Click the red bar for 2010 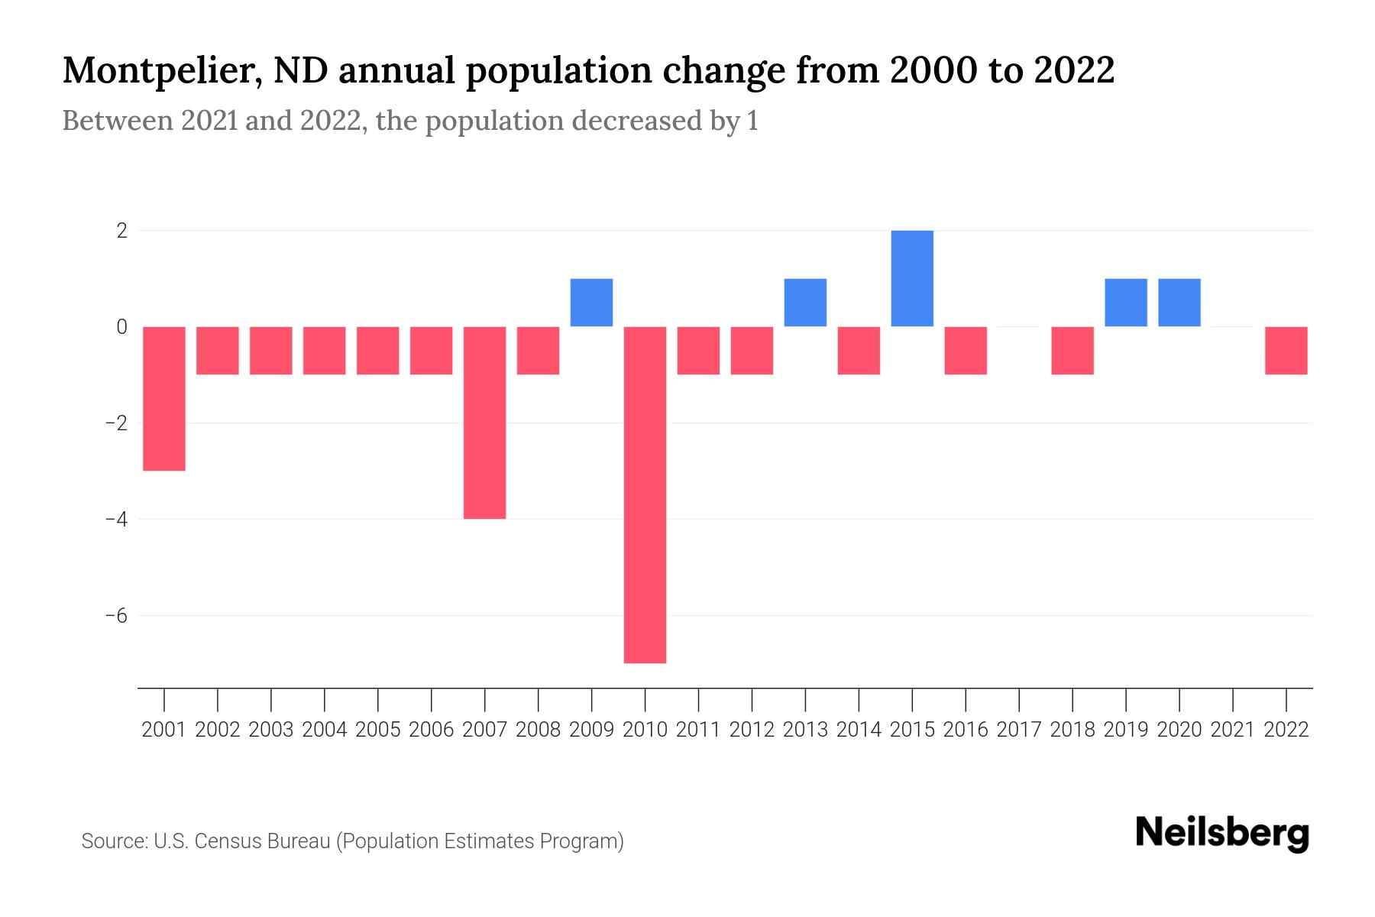click(645, 494)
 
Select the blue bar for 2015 click(912, 278)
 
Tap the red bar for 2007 click(484, 423)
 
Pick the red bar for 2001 click(164, 398)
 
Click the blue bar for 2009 click(591, 303)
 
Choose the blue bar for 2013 click(805, 303)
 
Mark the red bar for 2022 click(1286, 351)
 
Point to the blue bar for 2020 click(1179, 303)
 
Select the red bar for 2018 click(1072, 351)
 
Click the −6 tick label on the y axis click(116, 616)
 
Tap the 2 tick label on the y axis click(121, 231)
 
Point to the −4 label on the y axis click(116, 520)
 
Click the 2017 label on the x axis click(1019, 730)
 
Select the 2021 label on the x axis click(1233, 730)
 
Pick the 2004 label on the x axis click(325, 730)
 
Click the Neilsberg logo click(1222, 834)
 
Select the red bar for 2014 click(859, 351)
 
